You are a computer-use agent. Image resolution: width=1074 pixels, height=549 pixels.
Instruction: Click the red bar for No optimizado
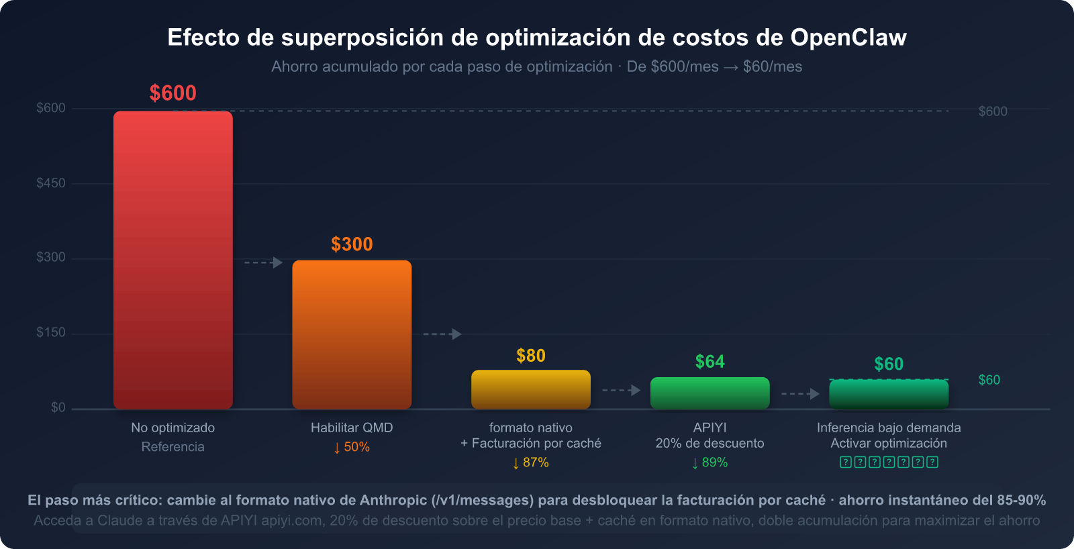tap(173, 260)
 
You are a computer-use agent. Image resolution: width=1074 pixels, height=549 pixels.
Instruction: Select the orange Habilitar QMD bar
tap(352, 334)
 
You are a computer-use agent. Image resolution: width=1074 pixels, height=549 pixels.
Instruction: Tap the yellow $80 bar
tap(530, 389)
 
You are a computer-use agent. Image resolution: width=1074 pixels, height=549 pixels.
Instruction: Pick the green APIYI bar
tap(710, 393)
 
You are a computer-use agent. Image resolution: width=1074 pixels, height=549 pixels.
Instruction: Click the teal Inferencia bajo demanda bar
tap(889, 395)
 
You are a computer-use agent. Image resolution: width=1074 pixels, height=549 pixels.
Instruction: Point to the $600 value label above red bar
tap(173, 93)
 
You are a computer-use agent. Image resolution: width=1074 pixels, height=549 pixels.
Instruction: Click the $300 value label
tap(352, 244)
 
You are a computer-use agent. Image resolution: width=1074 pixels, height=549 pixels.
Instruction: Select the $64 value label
tap(710, 362)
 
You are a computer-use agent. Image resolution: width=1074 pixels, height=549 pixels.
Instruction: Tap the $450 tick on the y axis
tap(51, 183)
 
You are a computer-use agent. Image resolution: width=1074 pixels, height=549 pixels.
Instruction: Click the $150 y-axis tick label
tap(51, 333)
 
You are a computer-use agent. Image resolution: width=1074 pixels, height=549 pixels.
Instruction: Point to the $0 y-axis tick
tap(58, 407)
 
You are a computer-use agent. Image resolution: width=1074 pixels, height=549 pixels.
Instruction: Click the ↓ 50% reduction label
tap(352, 447)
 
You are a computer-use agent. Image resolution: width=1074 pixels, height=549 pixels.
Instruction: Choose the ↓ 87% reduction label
tap(530, 462)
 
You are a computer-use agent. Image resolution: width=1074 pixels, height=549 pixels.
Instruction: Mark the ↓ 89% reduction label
tap(710, 462)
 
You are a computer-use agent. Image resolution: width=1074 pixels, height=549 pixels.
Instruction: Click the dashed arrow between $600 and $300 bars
tap(263, 262)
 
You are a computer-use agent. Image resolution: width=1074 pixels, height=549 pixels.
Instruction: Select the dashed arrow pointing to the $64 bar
tap(621, 390)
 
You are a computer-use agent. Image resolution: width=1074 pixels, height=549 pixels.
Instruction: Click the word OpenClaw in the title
tap(848, 38)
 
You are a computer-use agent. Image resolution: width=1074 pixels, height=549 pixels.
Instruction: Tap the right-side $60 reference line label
tap(989, 380)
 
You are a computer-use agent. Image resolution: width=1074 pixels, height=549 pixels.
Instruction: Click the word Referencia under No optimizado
tap(173, 447)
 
